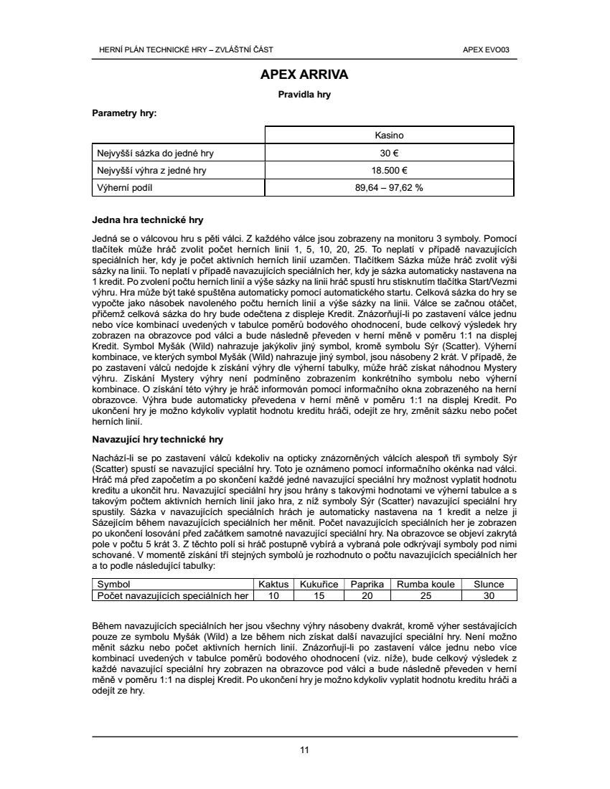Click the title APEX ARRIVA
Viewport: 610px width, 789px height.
pyautogui.click(x=304, y=74)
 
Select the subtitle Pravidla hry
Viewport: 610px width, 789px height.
pyautogui.click(x=304, y=94)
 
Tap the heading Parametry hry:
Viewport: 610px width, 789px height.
pyautogui.click(x=124, y=113)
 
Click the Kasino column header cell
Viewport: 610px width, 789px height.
pyautogui.click(x=390, y=135)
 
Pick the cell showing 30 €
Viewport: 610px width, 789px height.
pyautogui.click(x=390, y=153)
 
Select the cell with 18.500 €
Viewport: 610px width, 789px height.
pyautogui.click(x=390, y=171)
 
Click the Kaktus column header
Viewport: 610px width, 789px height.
pyautogui.click(x=273, y=585)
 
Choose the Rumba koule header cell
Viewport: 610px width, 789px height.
pyautogui.click(x=426, y=585)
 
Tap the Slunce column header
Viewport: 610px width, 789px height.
pyautogui.click(x=489, y=585)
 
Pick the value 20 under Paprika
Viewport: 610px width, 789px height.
pyautogui.click(x=367, y=595)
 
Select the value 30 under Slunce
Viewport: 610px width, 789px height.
pyautogui.click(x=489, y=595)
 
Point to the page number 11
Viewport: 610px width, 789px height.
pyautogui.click(x=304, y=750)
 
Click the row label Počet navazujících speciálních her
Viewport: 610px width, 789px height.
pyautogui.click(x=173, y=595)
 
